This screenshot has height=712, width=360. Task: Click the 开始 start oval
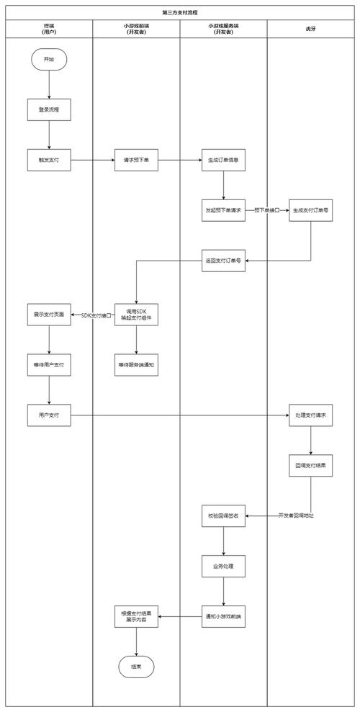point(49,60)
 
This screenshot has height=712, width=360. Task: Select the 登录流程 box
point(49,109)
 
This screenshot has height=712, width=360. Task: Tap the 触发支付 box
point(49,160)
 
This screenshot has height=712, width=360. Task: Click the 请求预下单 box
point(136,160)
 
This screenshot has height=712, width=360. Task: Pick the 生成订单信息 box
point(223,160)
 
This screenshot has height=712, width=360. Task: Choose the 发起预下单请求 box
point(223,209)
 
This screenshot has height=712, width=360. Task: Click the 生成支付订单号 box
point(310,209)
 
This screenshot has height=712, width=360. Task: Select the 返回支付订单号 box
point(223,260)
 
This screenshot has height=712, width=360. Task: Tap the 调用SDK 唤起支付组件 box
point(136,315)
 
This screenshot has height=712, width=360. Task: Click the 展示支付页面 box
point(49,315)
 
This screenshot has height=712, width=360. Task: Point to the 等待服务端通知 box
point(136,365)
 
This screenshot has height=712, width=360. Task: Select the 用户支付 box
point(49,415)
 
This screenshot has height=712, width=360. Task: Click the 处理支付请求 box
point(310,415)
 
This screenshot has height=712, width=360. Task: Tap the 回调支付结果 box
point(310,465)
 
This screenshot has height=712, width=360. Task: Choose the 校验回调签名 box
point(223,515)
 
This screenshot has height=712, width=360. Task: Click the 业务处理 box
point(223,566)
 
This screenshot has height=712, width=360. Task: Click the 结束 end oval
point(136,667)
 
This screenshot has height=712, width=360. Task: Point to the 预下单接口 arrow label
point(266,210)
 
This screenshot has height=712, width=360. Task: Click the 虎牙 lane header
point(310,29)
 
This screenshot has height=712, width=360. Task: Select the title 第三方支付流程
point(180,13)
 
